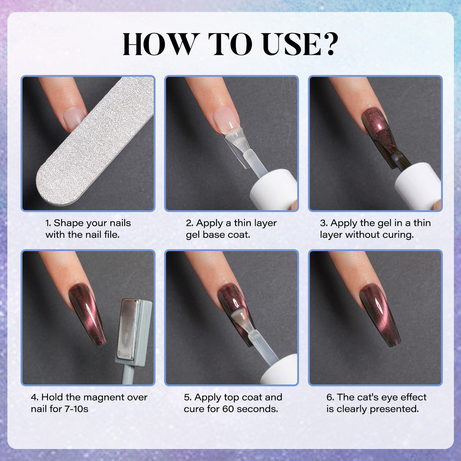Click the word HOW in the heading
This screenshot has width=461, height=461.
click(159, 43)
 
